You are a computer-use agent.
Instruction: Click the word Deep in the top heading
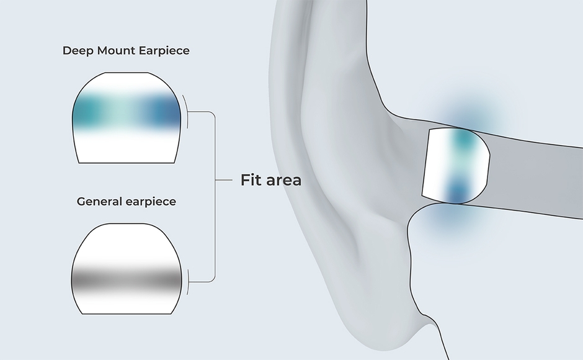click(76, 51)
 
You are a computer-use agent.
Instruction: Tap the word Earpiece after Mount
click(161, 51)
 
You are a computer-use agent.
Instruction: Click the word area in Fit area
click(283, 181)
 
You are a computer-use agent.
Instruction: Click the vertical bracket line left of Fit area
click(215, 196)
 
